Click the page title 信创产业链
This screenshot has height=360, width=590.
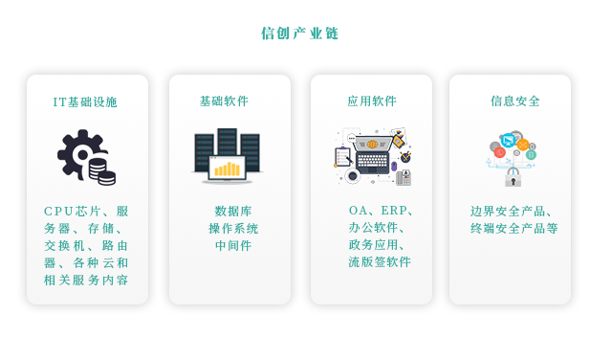299,34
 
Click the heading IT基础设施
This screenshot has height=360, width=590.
85,101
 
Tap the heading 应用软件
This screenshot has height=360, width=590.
371,101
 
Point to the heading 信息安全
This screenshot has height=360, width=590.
514,101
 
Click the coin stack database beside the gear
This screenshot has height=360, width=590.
101,171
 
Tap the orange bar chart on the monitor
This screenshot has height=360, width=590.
228,169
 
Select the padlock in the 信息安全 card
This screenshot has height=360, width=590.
514,177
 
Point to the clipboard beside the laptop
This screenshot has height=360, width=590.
342,155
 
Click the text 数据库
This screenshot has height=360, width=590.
233,211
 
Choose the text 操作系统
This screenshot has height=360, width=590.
233,228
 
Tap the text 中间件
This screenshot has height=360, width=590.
233,245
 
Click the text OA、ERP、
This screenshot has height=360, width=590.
381,211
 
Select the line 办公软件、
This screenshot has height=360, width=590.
377,228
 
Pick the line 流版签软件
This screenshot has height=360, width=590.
379,261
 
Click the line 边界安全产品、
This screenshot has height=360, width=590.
512,211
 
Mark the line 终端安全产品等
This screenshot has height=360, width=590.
514,228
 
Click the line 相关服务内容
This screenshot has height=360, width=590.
86,280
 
